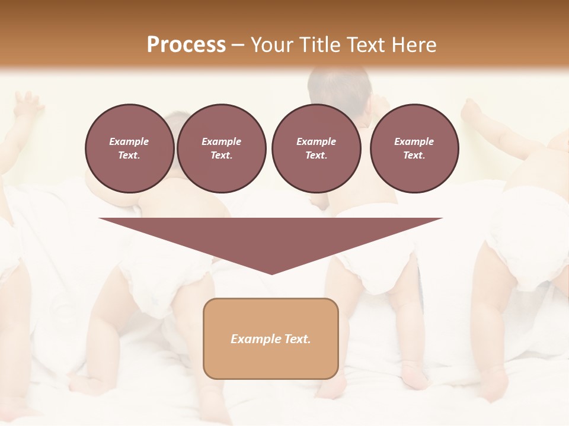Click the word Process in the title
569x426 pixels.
pyautogui.click(x=186, y=45)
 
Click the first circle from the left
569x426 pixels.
pyautogui.click(x=129, y=149)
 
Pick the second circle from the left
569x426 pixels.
pyautogui.click(x=221, y=149)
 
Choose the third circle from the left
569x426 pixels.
pyautogui.click(x=316, y=149)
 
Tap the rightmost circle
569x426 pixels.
pyautogui.click(x=414, y=149)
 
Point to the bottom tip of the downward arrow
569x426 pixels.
pyautogui.click(x=271, y=273)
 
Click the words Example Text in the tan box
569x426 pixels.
pyautogui.click(x=271, y=339)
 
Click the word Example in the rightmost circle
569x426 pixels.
pyautogui.click(x=414, y=141)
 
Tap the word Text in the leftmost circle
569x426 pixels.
pyautogui.click(x=129, y=156)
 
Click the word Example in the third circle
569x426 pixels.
pyautogui.click(x=316, y=141)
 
